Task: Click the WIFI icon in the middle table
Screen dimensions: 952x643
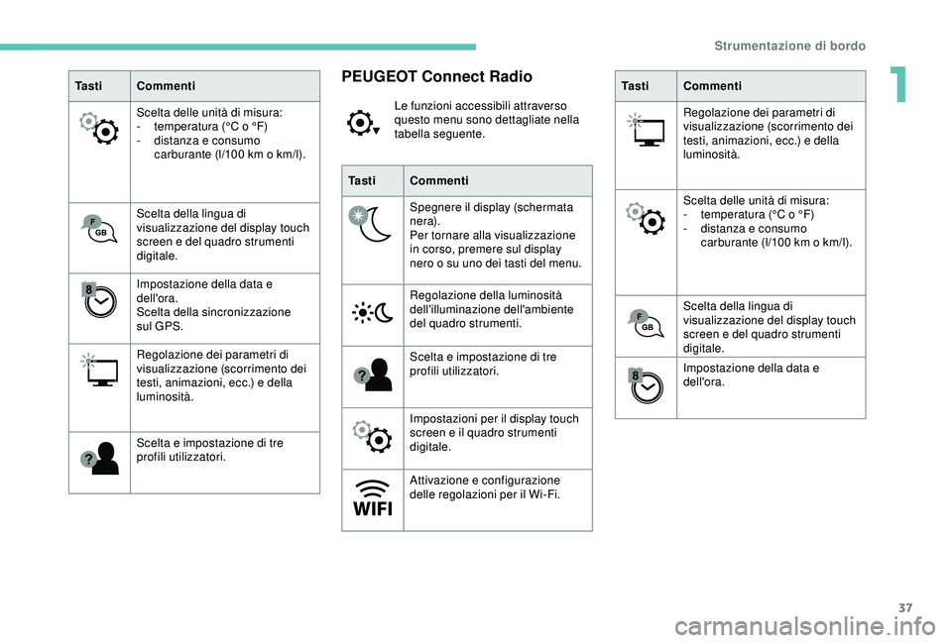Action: (373, 498)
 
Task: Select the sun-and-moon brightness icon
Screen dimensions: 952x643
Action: (373, 312)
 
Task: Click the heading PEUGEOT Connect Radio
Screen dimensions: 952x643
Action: (436, 76)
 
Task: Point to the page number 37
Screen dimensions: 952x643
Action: (905, 608)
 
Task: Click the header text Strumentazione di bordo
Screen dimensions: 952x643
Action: (790, 47)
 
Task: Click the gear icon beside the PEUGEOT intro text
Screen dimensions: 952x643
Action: (364, 123)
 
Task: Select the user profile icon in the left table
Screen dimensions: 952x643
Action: (99, 458)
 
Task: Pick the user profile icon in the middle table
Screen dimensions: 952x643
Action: (373, 375)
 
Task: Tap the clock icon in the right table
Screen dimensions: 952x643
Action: (646, 385)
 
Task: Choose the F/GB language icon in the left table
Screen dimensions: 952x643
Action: (99, 229)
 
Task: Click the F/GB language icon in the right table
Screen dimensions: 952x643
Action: (646, 323)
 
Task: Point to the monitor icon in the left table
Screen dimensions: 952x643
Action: (100, 370)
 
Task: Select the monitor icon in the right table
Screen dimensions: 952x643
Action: (647, 130)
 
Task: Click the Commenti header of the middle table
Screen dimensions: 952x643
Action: (439, 180)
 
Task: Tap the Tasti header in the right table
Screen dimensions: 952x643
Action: (635, 86)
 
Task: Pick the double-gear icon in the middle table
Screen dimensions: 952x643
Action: (373, 436)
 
